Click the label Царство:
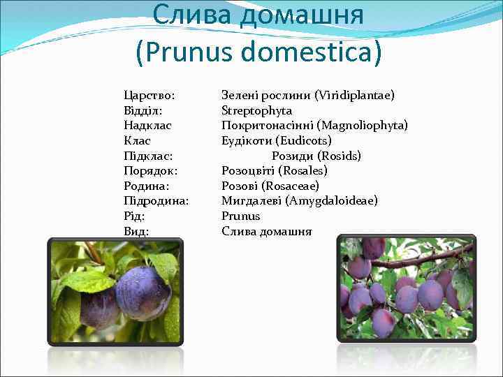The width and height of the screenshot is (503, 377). click(x=149, y=94)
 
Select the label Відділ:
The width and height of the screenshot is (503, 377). click(x=145, y=110)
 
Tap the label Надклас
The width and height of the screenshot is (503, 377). click(x=147, y=125)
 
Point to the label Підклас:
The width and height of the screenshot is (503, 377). click(x=147, y=156)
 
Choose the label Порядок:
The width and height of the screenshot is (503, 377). click(x=150, y=170)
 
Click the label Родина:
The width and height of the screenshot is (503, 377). click(x=147, y=186)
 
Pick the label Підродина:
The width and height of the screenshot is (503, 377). click(x=156, y=201)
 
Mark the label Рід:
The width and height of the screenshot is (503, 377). click(x=135, y=216)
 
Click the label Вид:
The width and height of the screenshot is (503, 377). click(x=136, y=231)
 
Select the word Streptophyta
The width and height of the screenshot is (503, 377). click(x=256, y=110)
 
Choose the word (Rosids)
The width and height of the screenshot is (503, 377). click(x=339, y=156)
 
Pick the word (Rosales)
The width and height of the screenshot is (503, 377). click(x=302, y=170)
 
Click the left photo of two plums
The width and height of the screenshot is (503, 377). click(x=115, y=292)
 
